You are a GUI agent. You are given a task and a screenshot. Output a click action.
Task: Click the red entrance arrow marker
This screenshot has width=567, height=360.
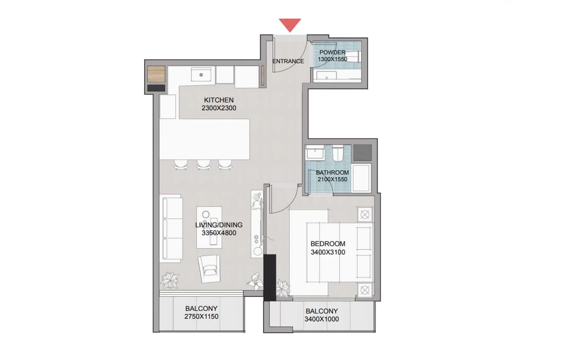tap(290, 25)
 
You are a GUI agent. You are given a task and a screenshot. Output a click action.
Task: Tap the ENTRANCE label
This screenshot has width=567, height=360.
tap(288, 61)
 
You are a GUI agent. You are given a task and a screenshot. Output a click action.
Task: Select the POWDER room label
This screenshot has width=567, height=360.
tap(332, 52)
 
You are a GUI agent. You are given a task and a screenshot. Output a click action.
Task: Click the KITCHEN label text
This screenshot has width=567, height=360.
tap(219, 100)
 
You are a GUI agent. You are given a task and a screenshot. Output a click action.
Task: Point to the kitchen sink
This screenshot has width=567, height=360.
tap(201, 75)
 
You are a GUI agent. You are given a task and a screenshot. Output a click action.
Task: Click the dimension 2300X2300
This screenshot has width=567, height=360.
tap(219, 108)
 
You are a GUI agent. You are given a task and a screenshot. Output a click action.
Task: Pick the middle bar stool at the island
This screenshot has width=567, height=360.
tap(203, 165)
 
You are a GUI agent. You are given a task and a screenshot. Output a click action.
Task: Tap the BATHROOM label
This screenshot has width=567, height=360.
tap(333, 172)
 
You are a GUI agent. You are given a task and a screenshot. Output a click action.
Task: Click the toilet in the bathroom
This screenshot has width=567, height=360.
tap(338, 153)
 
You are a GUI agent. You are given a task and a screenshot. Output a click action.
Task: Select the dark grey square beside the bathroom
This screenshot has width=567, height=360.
tap(362, 153)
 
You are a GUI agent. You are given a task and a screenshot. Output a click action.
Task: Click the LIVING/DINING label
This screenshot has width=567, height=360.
tap(219, 225)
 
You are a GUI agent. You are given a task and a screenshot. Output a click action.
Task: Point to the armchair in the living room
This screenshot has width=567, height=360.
tap(209, 268)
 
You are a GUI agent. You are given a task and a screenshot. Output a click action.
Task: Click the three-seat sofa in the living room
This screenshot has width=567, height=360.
tap(171, 228)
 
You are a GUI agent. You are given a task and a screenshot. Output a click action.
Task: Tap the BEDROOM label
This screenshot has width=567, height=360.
tap(328, 244)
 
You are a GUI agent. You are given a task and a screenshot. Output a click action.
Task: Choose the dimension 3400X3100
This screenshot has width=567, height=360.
tap(328, 252)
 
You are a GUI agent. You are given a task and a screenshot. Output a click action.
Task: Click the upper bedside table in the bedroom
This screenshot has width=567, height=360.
tap(365, 215)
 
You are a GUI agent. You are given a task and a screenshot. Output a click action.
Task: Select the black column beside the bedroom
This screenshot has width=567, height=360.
tap(270, 277)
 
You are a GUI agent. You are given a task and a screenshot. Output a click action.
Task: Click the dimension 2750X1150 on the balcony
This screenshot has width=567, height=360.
tap(202, 317)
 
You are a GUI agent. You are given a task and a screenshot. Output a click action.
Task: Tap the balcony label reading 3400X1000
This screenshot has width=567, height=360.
tap(322, 319)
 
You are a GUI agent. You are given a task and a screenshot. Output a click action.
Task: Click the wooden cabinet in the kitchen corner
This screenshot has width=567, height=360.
tap(156, 74)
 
